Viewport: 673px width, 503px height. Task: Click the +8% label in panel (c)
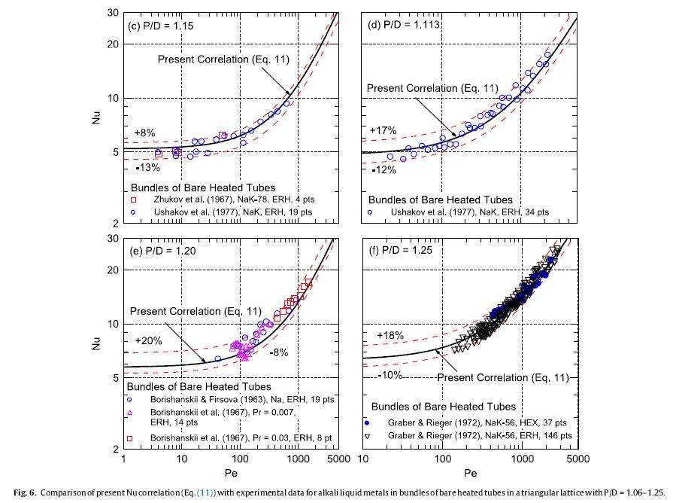[144, 132]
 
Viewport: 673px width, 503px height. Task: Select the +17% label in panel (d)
[381, 131]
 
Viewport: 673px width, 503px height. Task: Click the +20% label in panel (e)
[147, 341]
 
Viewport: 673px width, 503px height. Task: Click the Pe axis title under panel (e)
[231, 474]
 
